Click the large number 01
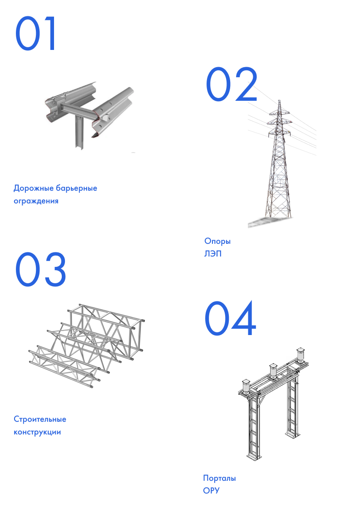point(35,34)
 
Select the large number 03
point(40,269)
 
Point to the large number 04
point(230,318)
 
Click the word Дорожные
point(34,188)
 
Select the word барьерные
point(76,188)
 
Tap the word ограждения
point(36,201)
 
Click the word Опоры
point(217,242)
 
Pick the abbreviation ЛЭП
point(213,254)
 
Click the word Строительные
point(40,419)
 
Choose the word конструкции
point(37,432)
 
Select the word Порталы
point(219,478)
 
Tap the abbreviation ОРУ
point(211,491)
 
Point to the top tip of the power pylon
point(279,100)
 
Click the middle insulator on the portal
point(273,370)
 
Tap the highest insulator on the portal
point(300,355)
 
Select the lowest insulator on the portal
point(246,386)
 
